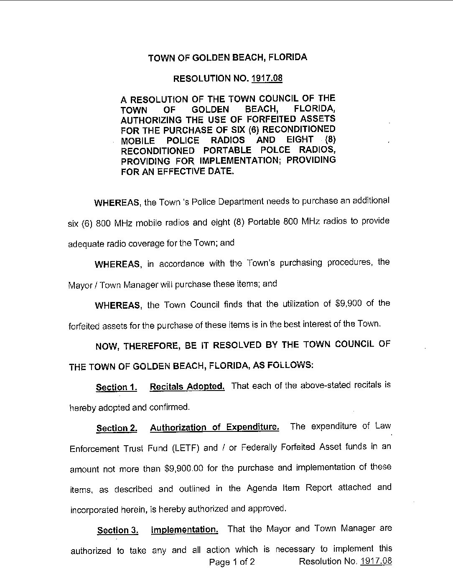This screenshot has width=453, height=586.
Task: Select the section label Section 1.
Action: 117,387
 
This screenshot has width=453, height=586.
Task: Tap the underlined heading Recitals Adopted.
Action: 187,386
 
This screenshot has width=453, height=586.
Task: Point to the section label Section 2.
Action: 117,428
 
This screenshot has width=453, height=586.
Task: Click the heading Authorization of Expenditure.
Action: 214,427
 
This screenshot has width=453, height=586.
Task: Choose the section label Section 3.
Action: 117,530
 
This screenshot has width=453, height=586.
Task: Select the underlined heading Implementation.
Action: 184,530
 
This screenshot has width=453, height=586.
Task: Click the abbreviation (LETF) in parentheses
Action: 186,448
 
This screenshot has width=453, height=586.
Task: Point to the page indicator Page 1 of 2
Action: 232,562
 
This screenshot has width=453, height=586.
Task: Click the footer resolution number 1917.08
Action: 376,561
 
